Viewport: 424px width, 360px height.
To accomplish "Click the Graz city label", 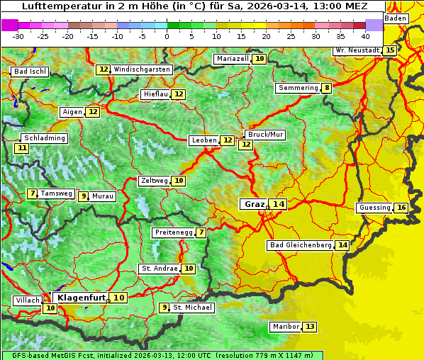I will point(254,204).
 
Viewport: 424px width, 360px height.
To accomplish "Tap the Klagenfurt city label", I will point(81,298).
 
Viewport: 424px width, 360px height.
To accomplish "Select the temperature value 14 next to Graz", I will point(279,204).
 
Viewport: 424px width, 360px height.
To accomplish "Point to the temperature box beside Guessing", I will point(401,208).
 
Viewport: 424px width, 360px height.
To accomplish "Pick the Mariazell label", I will point(233,59).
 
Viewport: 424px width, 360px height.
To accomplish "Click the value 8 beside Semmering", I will point(326,88).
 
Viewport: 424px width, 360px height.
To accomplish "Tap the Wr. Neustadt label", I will point(357,50).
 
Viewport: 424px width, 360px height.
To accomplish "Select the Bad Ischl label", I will point(30,72).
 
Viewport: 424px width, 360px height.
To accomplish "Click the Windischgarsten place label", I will point(142,69).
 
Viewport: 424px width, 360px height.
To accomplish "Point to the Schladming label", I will point(44,138).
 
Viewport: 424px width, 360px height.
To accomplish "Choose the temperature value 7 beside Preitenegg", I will point(201,232).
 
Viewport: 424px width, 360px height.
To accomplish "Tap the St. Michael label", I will point(193,308).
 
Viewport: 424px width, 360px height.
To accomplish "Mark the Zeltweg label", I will point(155,181).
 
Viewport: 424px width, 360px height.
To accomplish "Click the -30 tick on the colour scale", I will point(18,35).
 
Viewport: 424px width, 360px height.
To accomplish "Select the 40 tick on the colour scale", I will point(365,35).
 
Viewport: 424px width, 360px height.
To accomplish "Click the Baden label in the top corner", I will point(396,18).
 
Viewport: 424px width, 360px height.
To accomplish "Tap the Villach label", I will point(28,300).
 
